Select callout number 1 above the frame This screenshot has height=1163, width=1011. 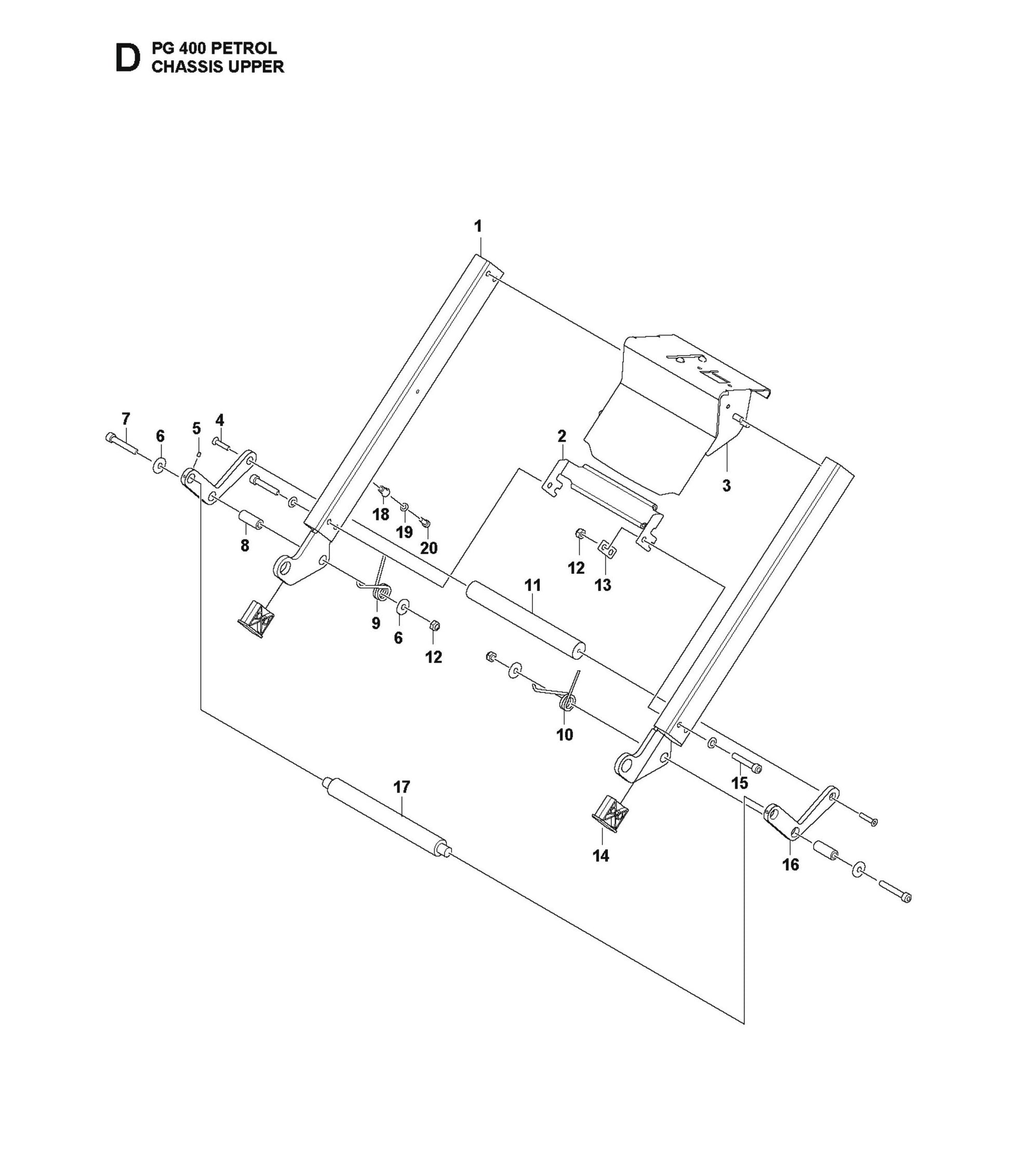(478, 227)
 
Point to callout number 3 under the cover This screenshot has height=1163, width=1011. (726, 485)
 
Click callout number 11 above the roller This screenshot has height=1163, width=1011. (533, 585)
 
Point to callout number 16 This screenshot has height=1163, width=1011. (790, 865)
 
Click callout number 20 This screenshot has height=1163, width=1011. (429, 547)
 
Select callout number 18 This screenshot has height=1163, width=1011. (381, 514)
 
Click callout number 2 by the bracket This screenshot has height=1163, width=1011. (562, 436)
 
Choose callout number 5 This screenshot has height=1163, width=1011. (196, 428)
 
